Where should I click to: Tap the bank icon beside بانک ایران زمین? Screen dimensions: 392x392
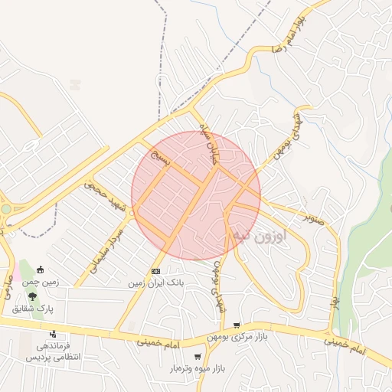point(155,271)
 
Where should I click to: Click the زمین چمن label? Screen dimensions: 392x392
point(41,283)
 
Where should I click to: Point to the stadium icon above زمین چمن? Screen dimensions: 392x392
point(40,270)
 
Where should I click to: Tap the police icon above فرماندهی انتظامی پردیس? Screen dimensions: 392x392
point(52,334)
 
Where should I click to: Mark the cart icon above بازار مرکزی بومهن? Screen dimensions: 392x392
point(237,325)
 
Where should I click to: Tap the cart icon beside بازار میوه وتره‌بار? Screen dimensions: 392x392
point(198,357)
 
